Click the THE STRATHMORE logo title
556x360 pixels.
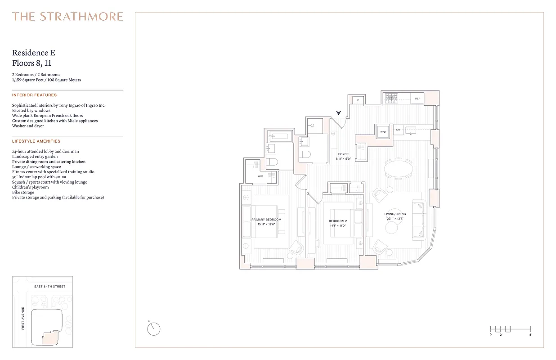click(x=67, y=17)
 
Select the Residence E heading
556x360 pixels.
click(x=34, y=53)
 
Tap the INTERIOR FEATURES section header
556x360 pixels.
click(x=35, y=95)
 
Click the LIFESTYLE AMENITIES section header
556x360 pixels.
click(x=36, y=141)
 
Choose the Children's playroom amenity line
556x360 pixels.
click(x=30, y=187)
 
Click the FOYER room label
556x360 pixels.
click(x=343, y=154)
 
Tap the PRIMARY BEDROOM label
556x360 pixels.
click(x=266, y=220)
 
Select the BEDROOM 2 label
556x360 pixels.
click(x=338, y=221)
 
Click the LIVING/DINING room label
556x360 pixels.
click(x=395, y=214)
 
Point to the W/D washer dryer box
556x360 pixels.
click(x=383, y=132)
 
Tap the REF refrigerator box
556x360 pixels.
click(x=417, y=98)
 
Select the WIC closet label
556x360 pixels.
click(x=260, y=176)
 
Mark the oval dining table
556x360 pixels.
click(x=399, y=169)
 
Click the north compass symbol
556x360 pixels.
click(x=154, y=329)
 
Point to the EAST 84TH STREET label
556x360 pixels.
click(x=50, y=287)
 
